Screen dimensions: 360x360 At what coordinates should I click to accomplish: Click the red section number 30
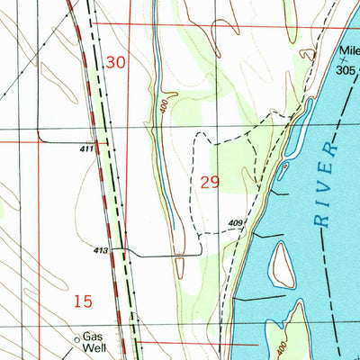pyautogui.click(x=116, y=63)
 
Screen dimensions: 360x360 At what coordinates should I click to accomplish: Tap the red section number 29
pyautogui.click(x=210, y=183)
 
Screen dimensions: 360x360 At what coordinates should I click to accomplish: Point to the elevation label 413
pyautogui.click(x=101, y=252)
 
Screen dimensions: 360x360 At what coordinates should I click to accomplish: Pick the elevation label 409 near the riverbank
pyautogui.click(x=236, y=223)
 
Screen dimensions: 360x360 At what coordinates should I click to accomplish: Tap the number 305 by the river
pyautogui.click(x=346, y=68)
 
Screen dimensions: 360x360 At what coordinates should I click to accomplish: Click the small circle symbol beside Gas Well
pyautogui.click(x=76, y=340)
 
